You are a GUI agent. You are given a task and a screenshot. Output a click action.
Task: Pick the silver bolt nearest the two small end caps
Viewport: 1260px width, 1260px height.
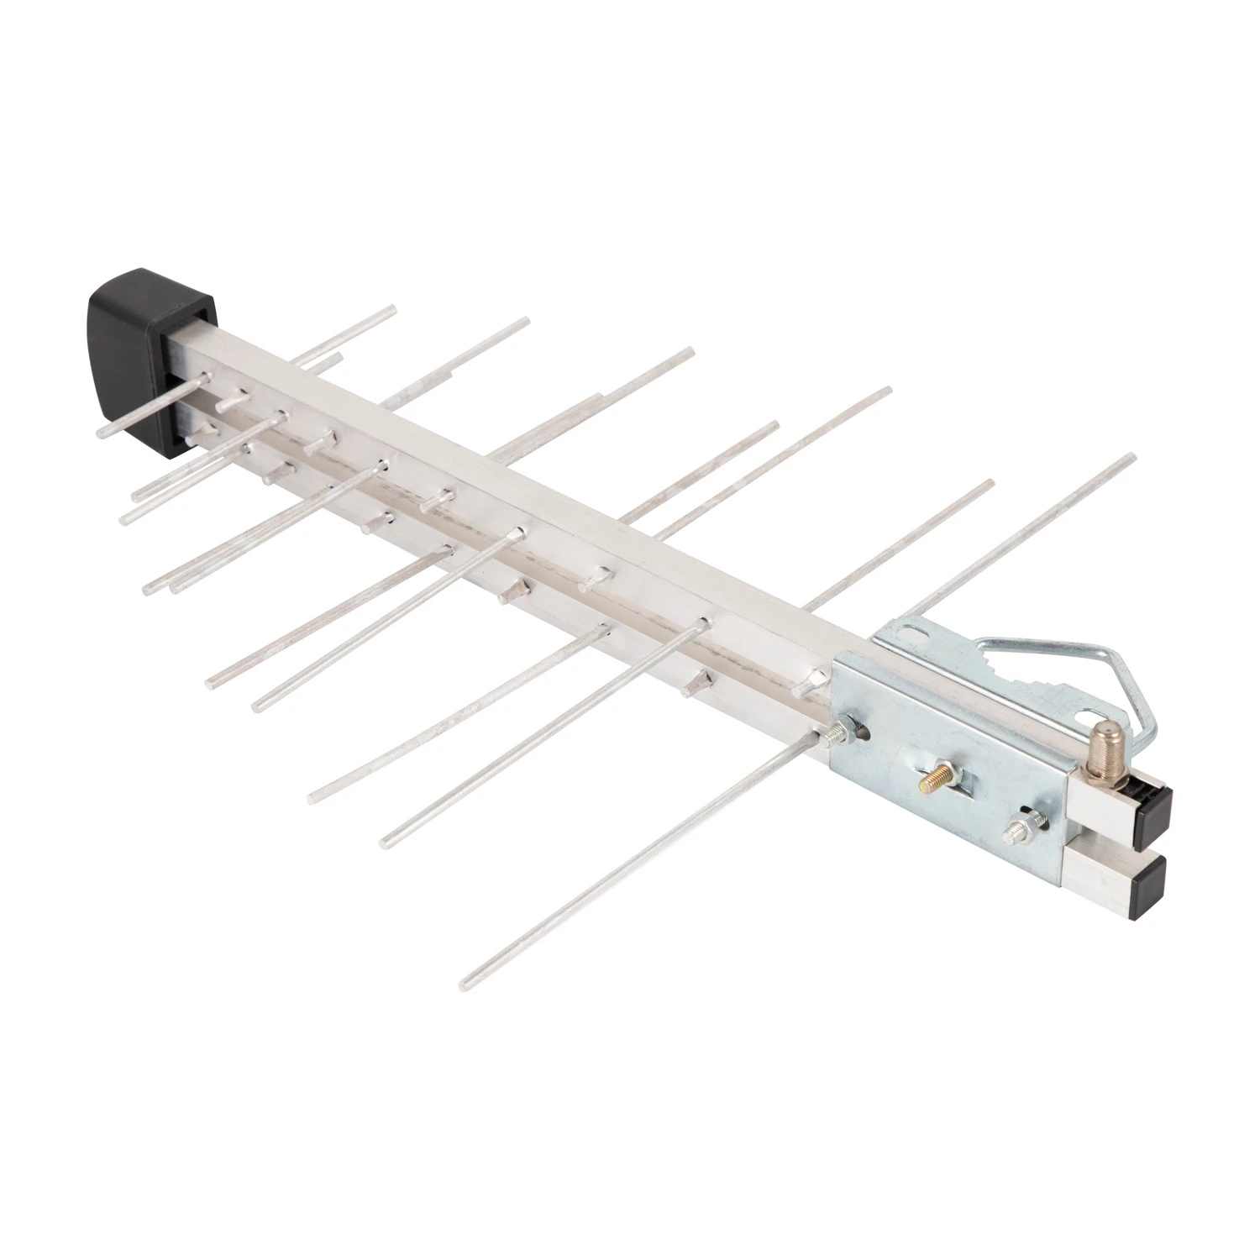pyautogui.click(x=1026, y=828)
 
